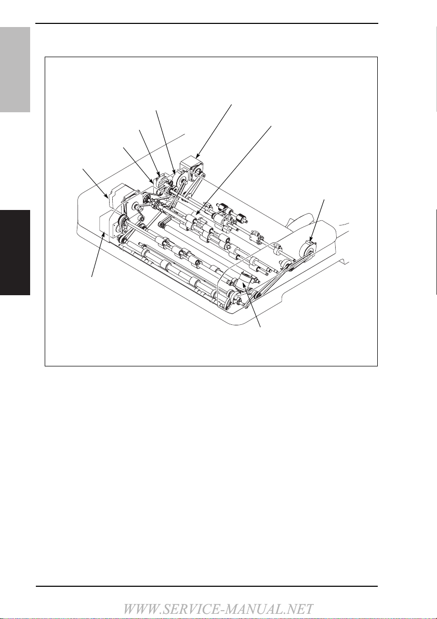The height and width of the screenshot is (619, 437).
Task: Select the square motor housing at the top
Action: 191,167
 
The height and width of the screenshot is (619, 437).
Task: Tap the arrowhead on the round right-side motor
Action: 311,238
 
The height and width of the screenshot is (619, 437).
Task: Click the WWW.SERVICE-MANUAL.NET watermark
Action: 218,609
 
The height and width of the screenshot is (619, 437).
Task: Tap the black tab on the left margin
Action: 15,253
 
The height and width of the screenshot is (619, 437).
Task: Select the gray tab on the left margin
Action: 15,70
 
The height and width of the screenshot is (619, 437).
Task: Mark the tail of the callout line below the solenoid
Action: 260,327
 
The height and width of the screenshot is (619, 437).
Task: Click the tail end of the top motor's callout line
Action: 231,104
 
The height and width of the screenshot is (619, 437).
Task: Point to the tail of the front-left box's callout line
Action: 92,277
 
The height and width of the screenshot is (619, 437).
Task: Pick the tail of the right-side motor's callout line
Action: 324,200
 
